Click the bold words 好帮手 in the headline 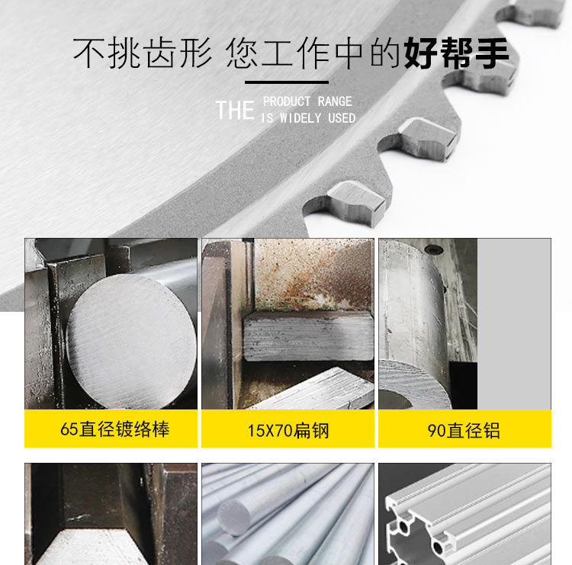(x=456, y=53)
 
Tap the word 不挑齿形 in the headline (x=143, y=53)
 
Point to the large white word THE (x=235, y=110)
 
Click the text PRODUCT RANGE (x=307, y=101)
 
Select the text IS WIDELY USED (x=308, y=118)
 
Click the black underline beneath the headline (x=287, y=82)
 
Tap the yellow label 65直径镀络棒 (x=111, y=429)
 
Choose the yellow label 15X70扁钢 (x=288, y=429)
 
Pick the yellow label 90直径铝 (x=464, y=429)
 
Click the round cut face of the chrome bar (x=131, y=341)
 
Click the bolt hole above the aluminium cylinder (x=434, y=249)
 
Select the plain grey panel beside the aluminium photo (x=514, y=323)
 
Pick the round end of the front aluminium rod (x=234, y=517)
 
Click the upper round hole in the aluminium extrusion (x=403, y=527)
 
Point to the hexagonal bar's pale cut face (x=92, y=547)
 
